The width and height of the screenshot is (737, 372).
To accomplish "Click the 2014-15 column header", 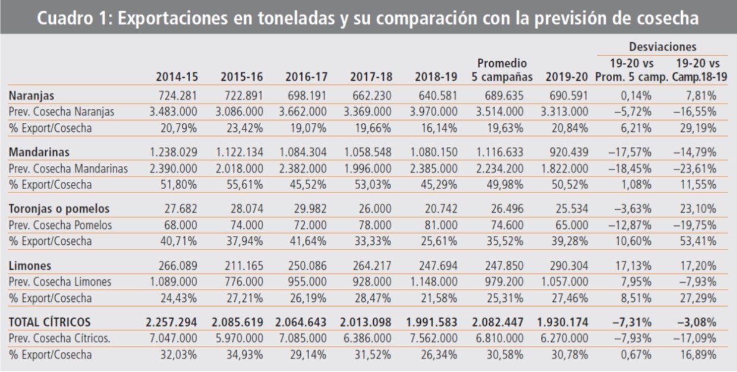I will (x=177, y=77).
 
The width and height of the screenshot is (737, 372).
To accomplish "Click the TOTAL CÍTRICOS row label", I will (x=49, y=322).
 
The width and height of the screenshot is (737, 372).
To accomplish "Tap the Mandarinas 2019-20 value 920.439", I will (x=568, y=152).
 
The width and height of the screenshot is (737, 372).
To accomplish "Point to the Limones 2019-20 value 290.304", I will (x=568, y=266).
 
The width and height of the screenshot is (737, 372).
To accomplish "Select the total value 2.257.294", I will (x=172, y=322).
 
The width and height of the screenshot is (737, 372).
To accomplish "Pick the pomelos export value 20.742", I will (x=443, y=209).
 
